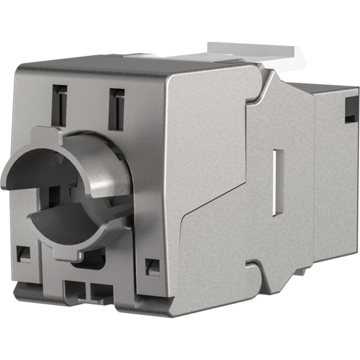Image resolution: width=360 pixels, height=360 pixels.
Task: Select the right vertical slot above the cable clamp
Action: coord(116,109)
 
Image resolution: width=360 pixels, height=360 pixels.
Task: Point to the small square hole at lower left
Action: coord(24,253)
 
